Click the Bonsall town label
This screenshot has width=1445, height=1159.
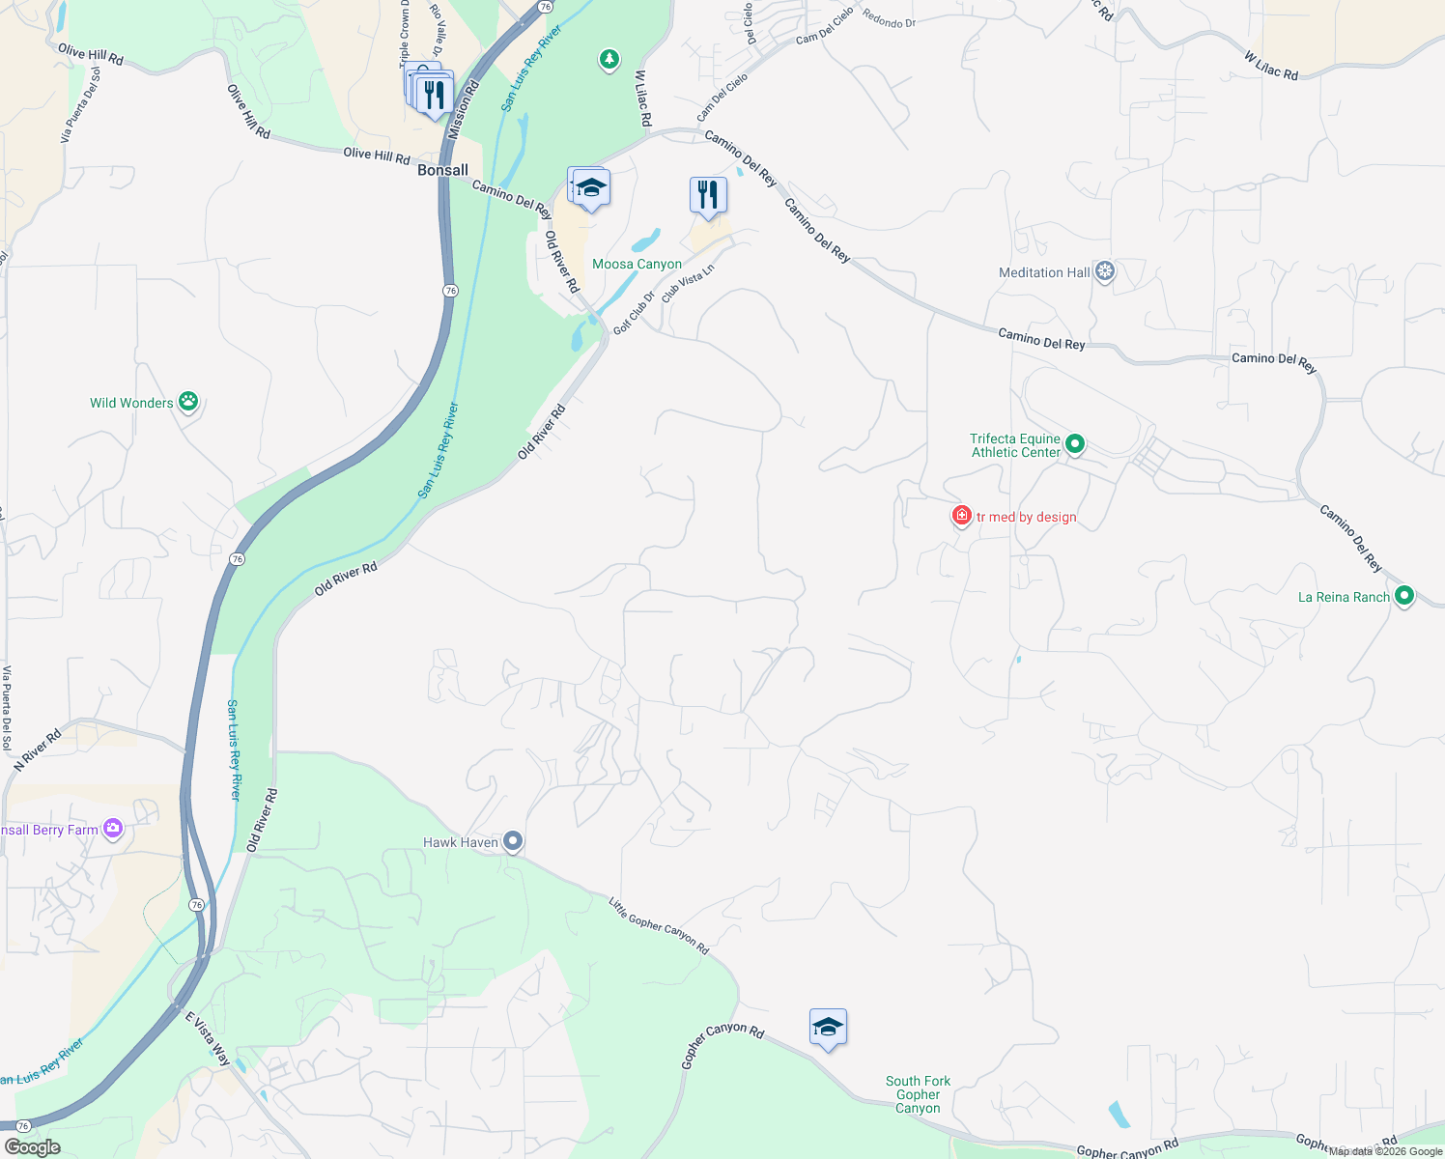pyautogui.click(x=442, y=170)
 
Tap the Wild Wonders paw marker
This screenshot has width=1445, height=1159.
pyautogui.click(x=188, y=402)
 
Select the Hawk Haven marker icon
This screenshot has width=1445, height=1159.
pyautogui.click(x=514, y=842)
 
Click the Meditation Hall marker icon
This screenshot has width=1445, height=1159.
pyautogui.click(x=1105, y=271)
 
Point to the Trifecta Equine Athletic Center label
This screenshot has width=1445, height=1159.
pyautogui.click(x=1015, y=445)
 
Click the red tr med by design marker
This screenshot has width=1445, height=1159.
pyautogui.click(x=961, y=516)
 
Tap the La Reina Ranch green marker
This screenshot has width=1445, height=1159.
pyautogui.click(x=1404, y=596)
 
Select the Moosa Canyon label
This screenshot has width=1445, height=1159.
pyautogui.click(x=637, y=264)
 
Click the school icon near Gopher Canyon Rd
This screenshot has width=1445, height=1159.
pyautogui.click(x=828, y=1028)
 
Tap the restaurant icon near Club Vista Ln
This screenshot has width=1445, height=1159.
pyautogui.click(x=708, y=195)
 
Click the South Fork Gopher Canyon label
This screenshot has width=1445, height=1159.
pyautogui.click(x=918, y=1094)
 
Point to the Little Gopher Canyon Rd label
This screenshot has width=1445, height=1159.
pyautogui.click(x=659, y=925)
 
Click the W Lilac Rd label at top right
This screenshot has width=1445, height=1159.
pyautogui.click(x=1270, y=66)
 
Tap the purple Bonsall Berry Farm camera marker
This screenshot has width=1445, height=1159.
pyautogui.click(x=113, y=829)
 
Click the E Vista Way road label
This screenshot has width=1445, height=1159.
pyautogui.click(x=207, y=1038)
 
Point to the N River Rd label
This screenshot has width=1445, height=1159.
pyautogui.click(x=38, y=749)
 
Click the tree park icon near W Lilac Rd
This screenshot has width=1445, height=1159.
pyautogui.click(x=609, y=60)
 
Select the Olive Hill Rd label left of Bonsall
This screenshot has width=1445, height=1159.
pyautogui.click(x=377, y=155)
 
